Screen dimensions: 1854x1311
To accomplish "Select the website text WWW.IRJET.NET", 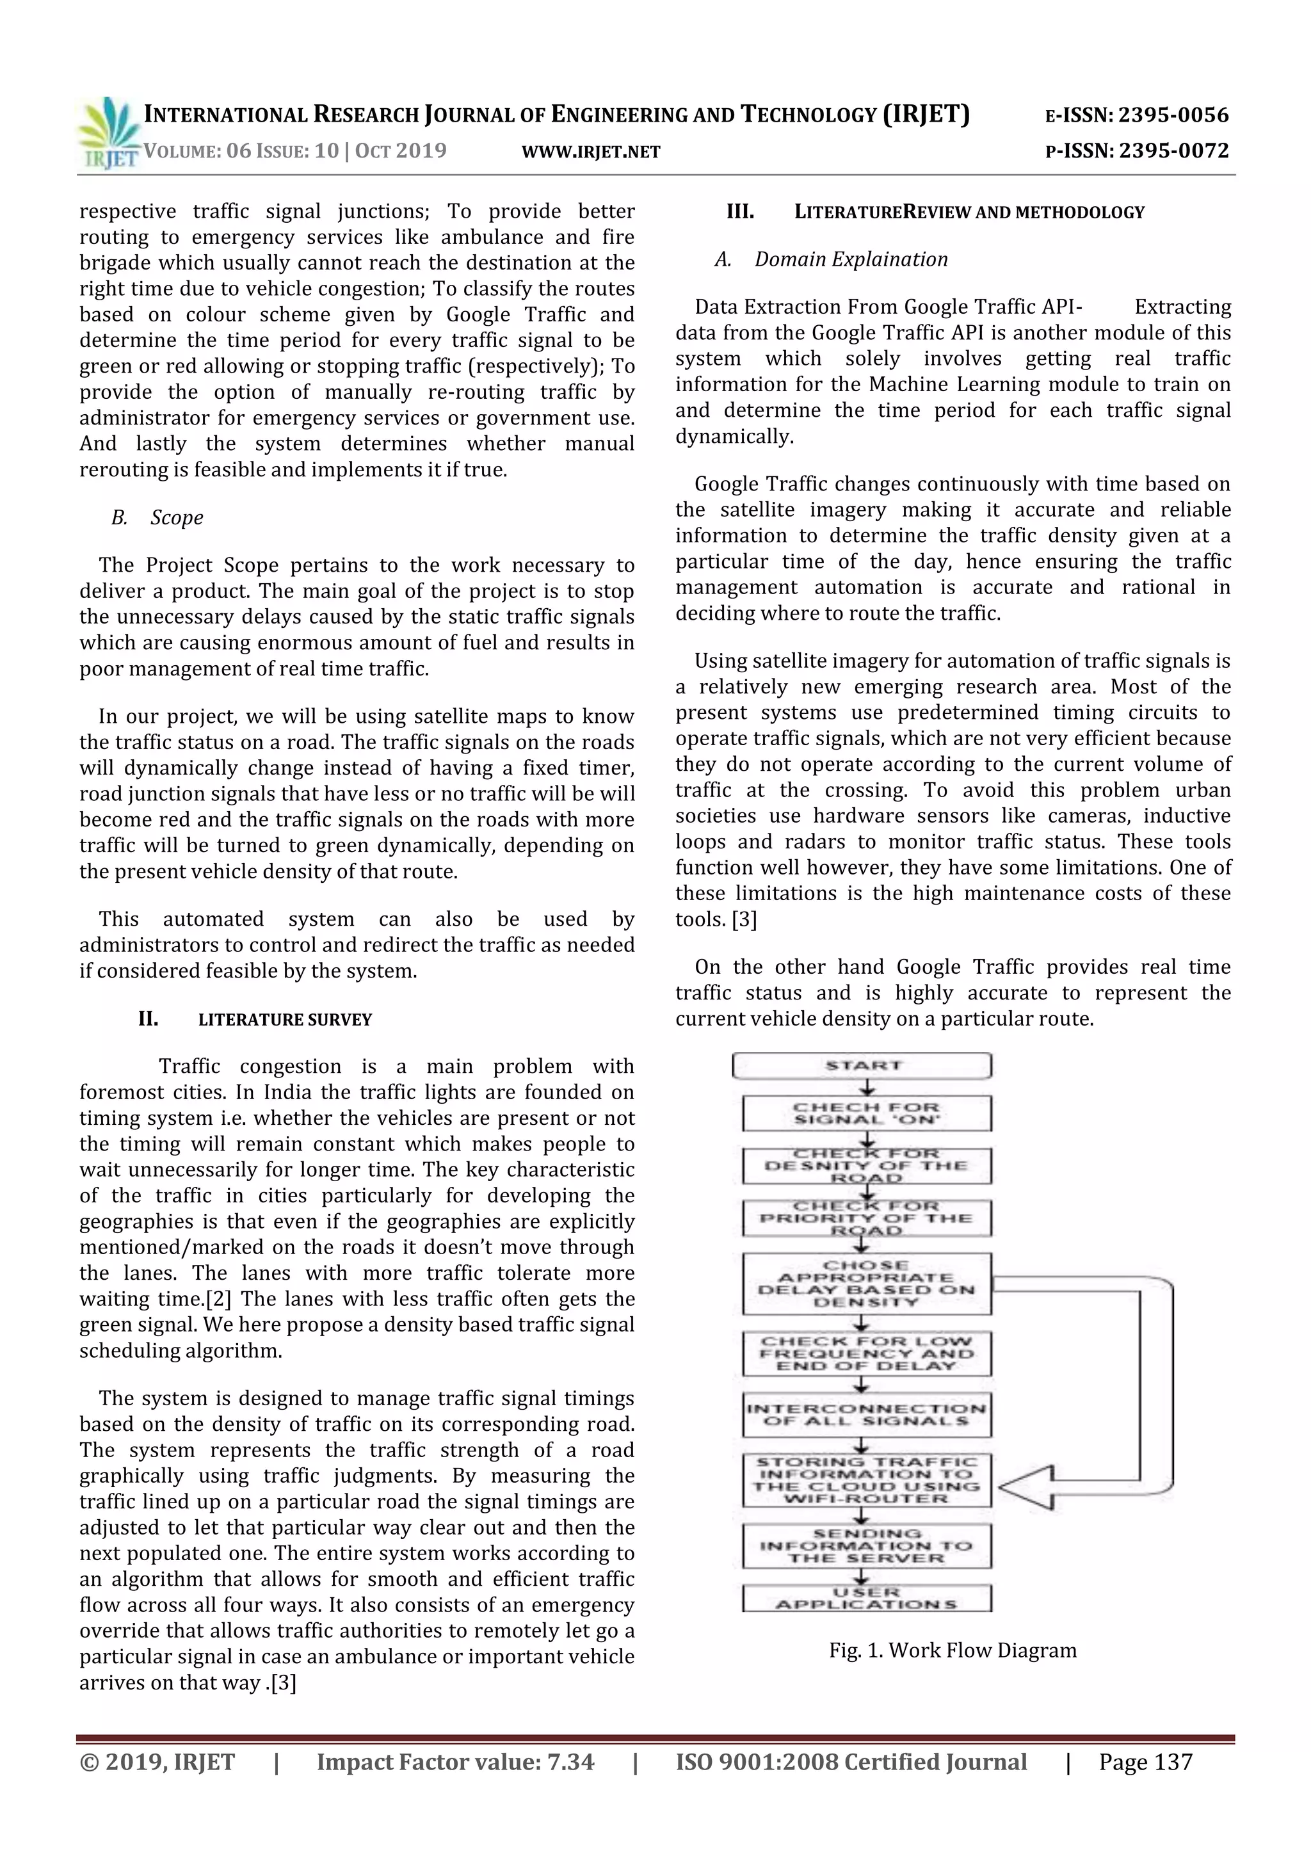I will click(591, 152).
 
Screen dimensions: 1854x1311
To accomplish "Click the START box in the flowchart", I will click(862, 1066).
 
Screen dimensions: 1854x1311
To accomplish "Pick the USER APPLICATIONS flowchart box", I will click(866, 1598).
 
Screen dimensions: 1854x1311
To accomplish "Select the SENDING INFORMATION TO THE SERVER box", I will click(866, 1545).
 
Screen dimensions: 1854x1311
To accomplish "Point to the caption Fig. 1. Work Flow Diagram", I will click(953, 1650).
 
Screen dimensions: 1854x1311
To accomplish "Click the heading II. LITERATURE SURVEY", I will click(255, 1019).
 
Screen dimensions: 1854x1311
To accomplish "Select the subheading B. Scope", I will click(157, 518).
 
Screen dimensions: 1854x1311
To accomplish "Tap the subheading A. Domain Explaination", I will click(832, 260).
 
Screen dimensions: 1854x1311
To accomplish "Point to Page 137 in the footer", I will click(1145, 1762).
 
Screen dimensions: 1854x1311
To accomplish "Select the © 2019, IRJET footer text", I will click(157, 1762).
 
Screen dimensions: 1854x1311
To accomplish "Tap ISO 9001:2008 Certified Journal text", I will click(851, 1762).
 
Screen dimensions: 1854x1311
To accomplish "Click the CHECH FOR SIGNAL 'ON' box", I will click(866, 1113).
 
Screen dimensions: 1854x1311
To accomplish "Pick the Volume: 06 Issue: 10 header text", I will click(294, 151).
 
